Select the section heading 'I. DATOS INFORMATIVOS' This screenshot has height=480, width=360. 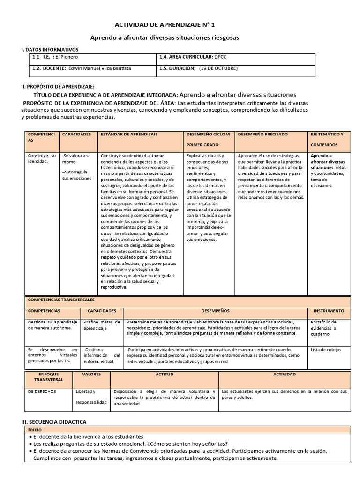pos(50,50)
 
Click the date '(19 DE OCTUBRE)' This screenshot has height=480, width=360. pos(218,68)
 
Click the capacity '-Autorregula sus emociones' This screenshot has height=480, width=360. pos(77,175)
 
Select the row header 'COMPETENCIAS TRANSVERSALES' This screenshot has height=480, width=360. pos(61,299)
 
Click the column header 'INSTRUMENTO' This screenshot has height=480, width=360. pos(329,311)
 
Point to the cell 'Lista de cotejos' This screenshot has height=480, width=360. pos(326,350)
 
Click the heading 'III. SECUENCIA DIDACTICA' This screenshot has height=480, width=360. pos(53,422)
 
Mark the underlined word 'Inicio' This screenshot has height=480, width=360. pos(35,429)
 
